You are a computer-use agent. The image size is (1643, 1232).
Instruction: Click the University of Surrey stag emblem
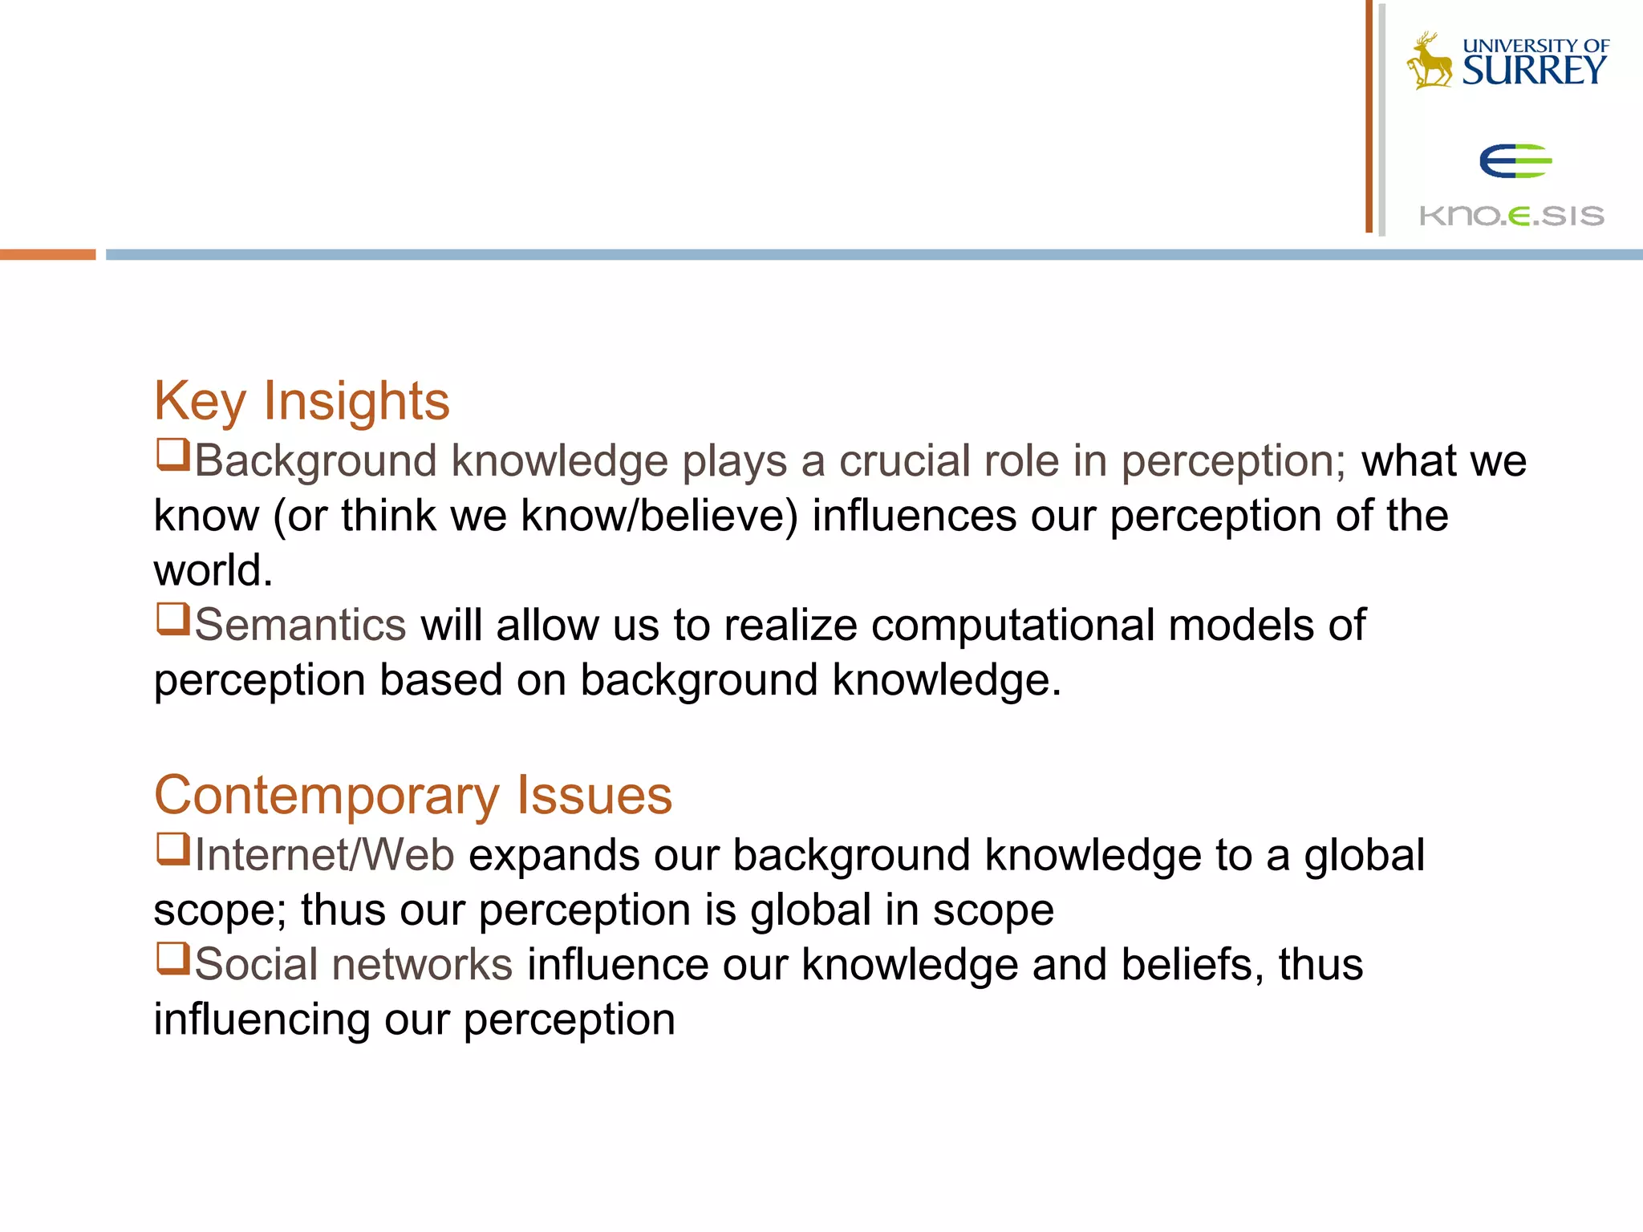point(1428,61)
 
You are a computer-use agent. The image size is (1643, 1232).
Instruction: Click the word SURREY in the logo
point(1534,71)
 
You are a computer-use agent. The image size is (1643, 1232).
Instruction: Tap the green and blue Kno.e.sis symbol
point(1515,161)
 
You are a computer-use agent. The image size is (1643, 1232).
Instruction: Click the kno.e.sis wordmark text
point(1511,216)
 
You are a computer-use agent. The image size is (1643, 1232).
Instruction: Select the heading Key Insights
point(302,401)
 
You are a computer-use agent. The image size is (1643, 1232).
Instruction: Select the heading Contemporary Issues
point(413,796)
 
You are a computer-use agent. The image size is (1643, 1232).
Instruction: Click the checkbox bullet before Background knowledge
point(172,455)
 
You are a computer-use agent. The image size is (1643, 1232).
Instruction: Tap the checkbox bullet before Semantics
point(172,619)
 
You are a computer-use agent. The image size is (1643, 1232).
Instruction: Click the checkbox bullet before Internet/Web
point(172,849)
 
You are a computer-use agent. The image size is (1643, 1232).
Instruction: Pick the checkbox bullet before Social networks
point(172,958)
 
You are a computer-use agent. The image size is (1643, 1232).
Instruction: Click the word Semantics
point(301,625)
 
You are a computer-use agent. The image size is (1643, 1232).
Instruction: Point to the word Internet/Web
point(325,855)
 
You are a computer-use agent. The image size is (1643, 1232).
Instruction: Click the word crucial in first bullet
point(904,461)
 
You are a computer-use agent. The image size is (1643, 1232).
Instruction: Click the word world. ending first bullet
point(213,570)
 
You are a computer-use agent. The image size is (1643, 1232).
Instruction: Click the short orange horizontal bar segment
point(47,254)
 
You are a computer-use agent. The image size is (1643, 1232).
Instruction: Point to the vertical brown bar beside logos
point(1369,116)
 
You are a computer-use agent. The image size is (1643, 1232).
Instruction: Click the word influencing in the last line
point(262,1019)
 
